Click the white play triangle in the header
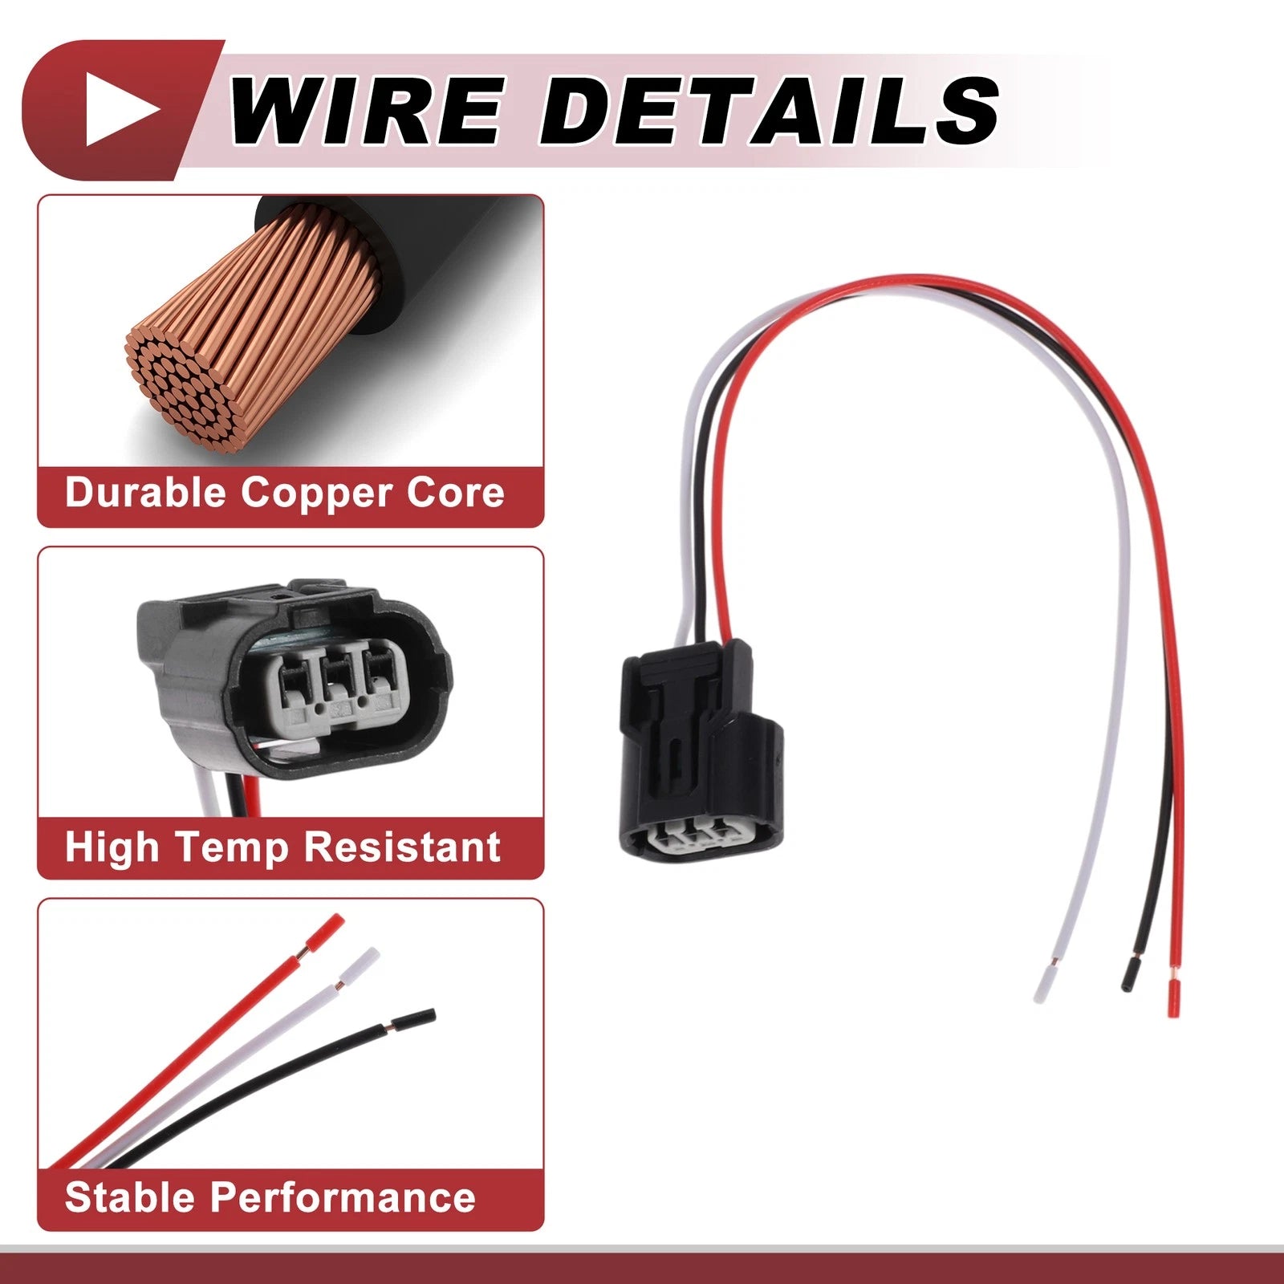point(120,110)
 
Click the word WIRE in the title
point(366,110)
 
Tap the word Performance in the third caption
point(343,1197)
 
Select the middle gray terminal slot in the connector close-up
point(337,678)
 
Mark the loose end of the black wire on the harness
point(1129,974)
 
